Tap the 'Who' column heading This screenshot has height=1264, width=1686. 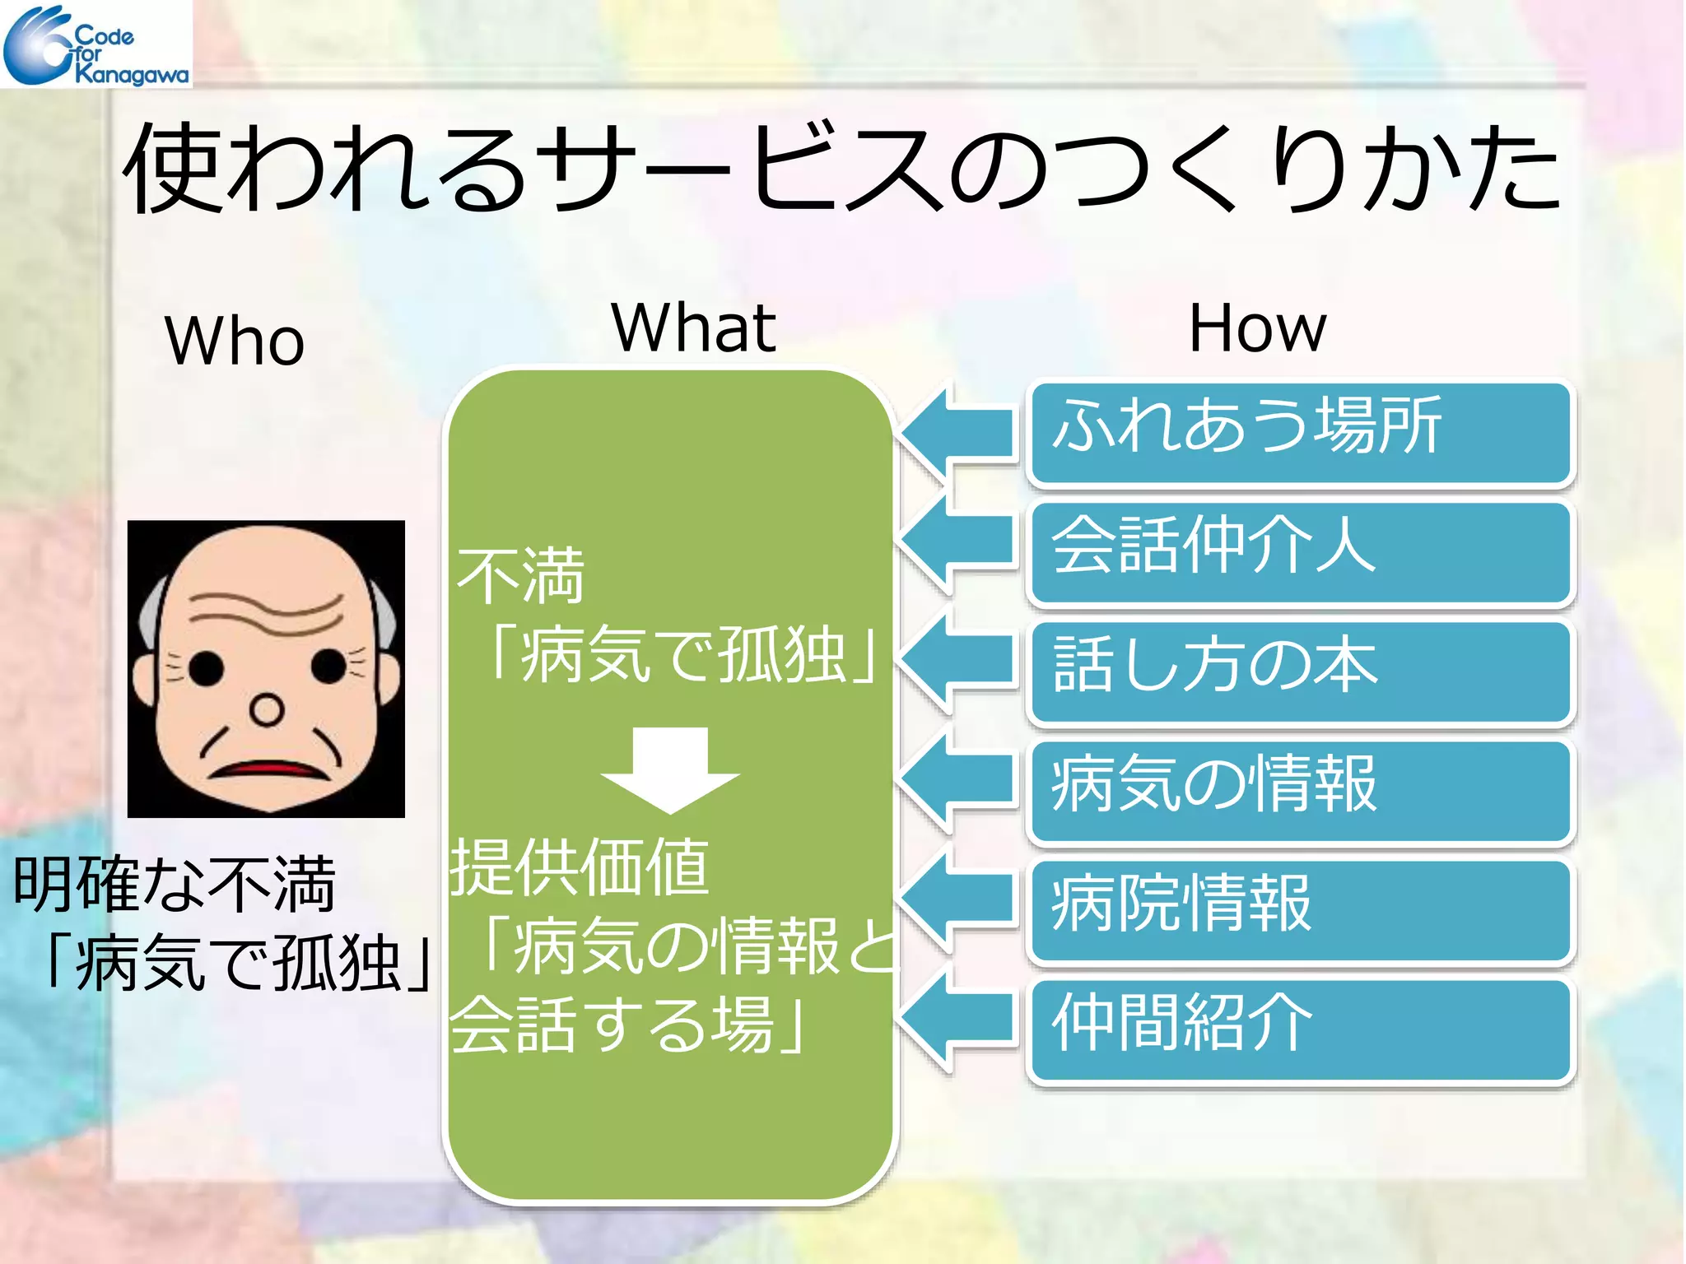pos(235,341)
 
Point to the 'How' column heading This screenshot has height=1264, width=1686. pos(1257,328)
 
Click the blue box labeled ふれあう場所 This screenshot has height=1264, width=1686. pos(1301,431)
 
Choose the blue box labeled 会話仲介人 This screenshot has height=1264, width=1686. pos(1301,551)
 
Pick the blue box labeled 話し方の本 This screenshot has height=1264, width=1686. pos(1301,671)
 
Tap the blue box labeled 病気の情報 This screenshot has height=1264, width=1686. pos(1301,790)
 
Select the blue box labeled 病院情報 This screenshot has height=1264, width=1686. pos(1301,909)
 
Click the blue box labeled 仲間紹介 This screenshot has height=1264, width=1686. pos(1301,1029)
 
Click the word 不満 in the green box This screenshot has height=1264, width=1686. pos(520,576)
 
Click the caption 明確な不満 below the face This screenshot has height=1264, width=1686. pos(174,885)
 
